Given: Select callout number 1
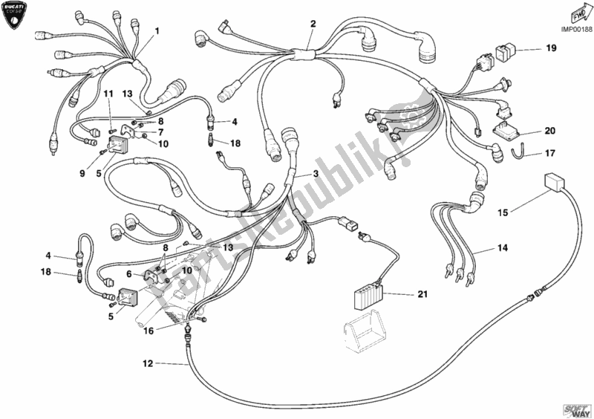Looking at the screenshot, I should pos(157,30).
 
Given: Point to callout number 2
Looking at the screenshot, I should pos(313,24).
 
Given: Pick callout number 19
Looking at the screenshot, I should pos(551,49).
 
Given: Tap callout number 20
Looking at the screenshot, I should pos(550,131).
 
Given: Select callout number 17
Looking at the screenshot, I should pos(550,155).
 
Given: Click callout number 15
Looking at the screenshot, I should pos(503,213).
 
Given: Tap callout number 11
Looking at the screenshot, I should pos(107,94).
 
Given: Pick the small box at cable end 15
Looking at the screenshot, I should pos(552,183).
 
